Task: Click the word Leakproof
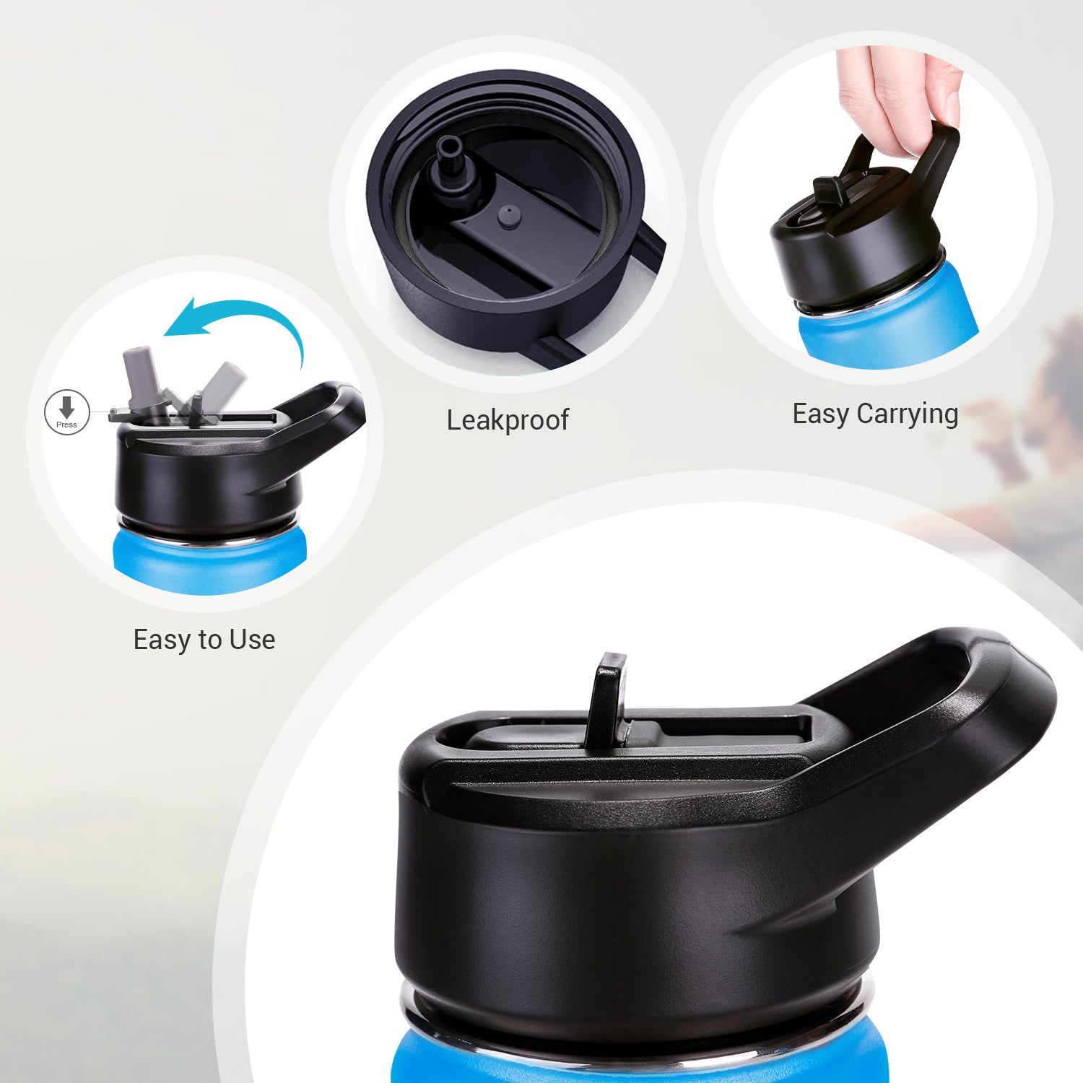point(508,420)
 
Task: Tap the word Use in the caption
point(252,640)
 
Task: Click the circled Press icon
point(67,412)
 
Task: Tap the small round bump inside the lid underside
point(510,214)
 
